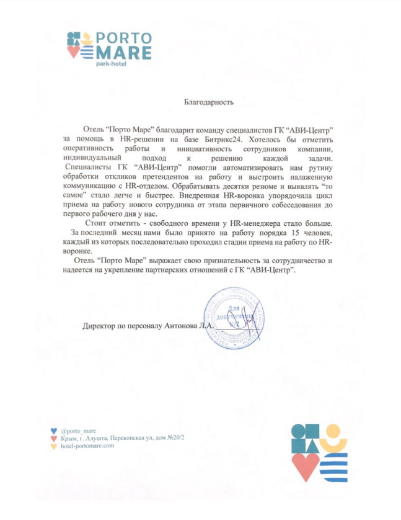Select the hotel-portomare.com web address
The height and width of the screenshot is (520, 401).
[87, 446]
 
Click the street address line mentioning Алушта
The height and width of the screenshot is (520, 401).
[123, 439]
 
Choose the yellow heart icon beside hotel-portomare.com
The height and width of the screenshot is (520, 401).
[54, 447]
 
